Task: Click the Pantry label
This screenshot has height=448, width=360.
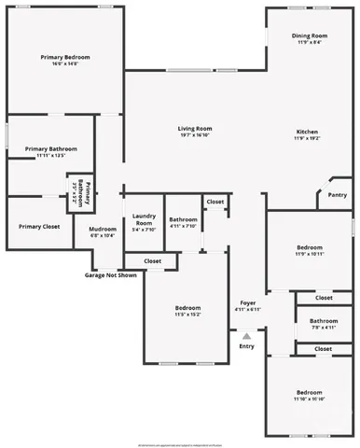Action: point(338,196)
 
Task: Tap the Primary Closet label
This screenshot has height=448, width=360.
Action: point(39,227)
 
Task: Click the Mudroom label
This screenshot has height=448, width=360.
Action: point(103,230)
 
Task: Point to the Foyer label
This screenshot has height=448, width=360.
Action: point(247,303)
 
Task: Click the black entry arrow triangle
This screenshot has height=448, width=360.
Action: point(246,335)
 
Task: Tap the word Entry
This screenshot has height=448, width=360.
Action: point(246,346)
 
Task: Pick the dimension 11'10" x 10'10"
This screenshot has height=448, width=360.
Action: point(309,399)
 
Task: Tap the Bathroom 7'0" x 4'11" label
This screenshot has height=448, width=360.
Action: point(324,324)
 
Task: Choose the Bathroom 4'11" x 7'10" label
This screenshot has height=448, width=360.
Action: point(183,222)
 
